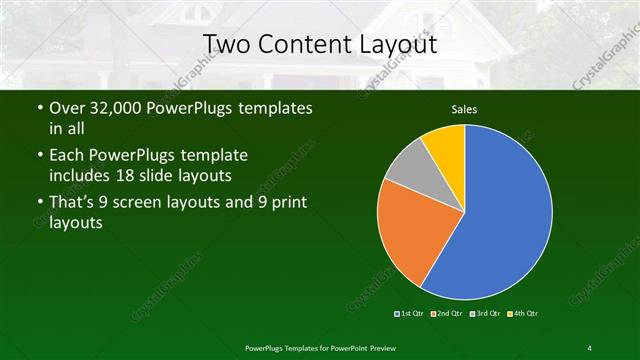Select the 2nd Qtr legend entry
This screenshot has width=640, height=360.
447,313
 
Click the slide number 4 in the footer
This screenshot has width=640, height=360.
590,347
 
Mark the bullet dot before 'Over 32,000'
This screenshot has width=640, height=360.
39,108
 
